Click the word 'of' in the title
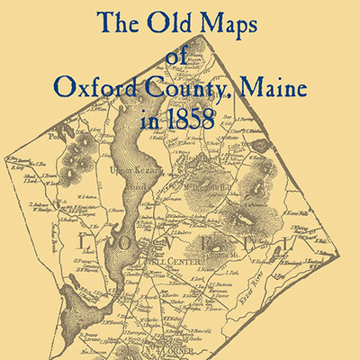pyautogui.click(x=180, y=58)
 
